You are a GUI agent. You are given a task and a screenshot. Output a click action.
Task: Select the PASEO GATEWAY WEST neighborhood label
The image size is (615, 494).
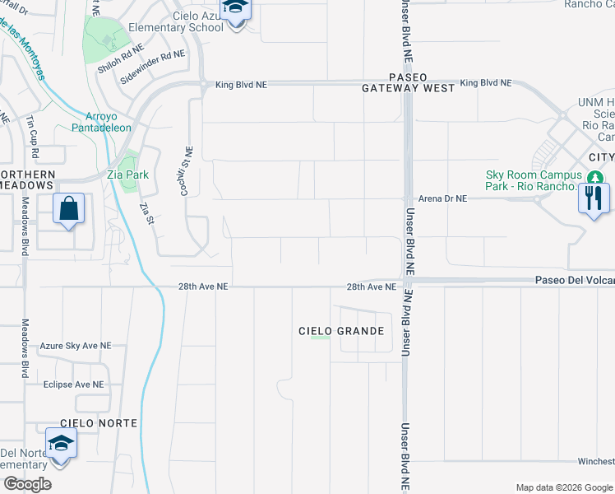tap(409, 82)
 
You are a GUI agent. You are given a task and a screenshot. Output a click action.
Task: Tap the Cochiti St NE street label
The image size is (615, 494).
tap(187, 171)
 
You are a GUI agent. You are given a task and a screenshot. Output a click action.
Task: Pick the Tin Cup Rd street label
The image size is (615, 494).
tap(31, 131)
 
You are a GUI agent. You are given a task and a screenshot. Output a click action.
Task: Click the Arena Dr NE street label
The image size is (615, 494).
tap(442, 198)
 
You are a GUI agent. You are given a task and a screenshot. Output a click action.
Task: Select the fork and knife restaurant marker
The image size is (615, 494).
tap(594, 198)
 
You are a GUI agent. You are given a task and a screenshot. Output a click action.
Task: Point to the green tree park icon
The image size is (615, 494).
tap(595, 176)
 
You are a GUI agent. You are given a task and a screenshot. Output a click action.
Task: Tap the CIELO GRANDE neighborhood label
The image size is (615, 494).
tap(341, 331)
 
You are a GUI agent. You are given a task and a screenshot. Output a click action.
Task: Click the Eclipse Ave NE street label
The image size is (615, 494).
tap(74, 384)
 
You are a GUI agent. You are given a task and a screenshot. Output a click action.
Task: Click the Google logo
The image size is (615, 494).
tap(27, 484)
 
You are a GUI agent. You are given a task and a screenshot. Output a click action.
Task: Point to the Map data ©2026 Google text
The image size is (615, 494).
tap(563, 487)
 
